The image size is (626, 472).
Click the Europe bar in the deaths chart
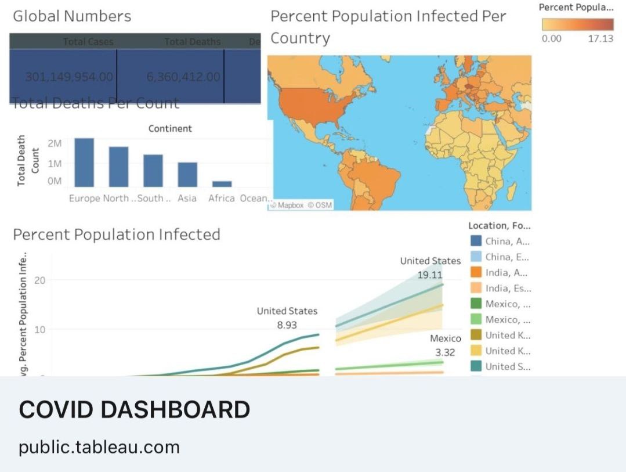(84, 163)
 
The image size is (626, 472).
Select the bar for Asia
(187, 174)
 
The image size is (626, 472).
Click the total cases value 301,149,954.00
(69, 77)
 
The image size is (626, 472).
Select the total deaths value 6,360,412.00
(176, 77)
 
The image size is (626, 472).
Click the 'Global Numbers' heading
(72, 16)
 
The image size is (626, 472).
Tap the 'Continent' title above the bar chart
(170, 128)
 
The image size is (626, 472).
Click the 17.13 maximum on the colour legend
(600, 39)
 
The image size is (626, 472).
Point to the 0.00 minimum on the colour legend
(551, 39)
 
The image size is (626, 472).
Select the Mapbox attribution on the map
(290, 205)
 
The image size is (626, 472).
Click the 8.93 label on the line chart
(287, 325)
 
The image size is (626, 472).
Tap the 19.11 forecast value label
(430, 275)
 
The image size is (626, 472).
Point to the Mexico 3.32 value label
(445, 352)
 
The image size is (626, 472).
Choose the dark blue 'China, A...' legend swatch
(476, 242)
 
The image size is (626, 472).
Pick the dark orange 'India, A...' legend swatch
(476, 273)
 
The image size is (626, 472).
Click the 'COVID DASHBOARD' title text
(135, 410)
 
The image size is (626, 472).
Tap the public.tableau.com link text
(99, 447)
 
